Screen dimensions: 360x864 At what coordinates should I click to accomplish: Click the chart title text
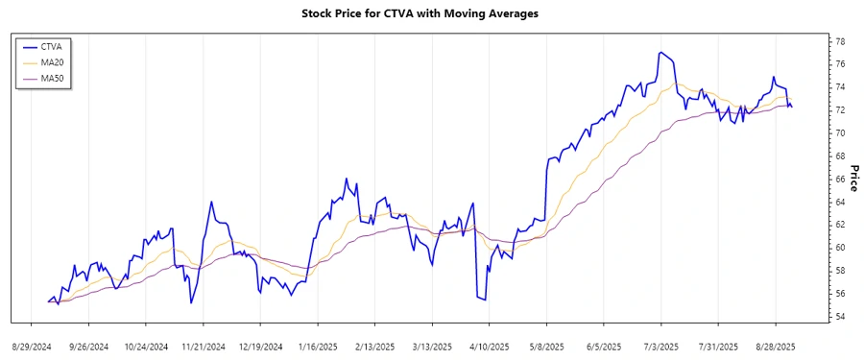(x=432, y=13)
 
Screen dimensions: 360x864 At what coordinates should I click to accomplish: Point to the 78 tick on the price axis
(x=839, y=41)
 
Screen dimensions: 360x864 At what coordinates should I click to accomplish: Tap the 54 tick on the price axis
(x=839, y=317)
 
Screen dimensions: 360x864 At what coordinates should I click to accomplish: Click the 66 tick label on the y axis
(x=839, y=179)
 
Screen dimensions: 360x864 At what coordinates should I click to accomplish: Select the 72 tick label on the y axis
(x=839, y=109)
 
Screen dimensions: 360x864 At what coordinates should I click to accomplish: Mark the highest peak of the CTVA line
(x=660, y=52)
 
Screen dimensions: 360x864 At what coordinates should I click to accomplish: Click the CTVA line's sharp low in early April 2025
(x=485, y=300)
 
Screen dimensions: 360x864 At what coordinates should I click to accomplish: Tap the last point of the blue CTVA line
(x=791, y=107)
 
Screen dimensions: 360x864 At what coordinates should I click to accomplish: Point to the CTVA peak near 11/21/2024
(x=210, y=202)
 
